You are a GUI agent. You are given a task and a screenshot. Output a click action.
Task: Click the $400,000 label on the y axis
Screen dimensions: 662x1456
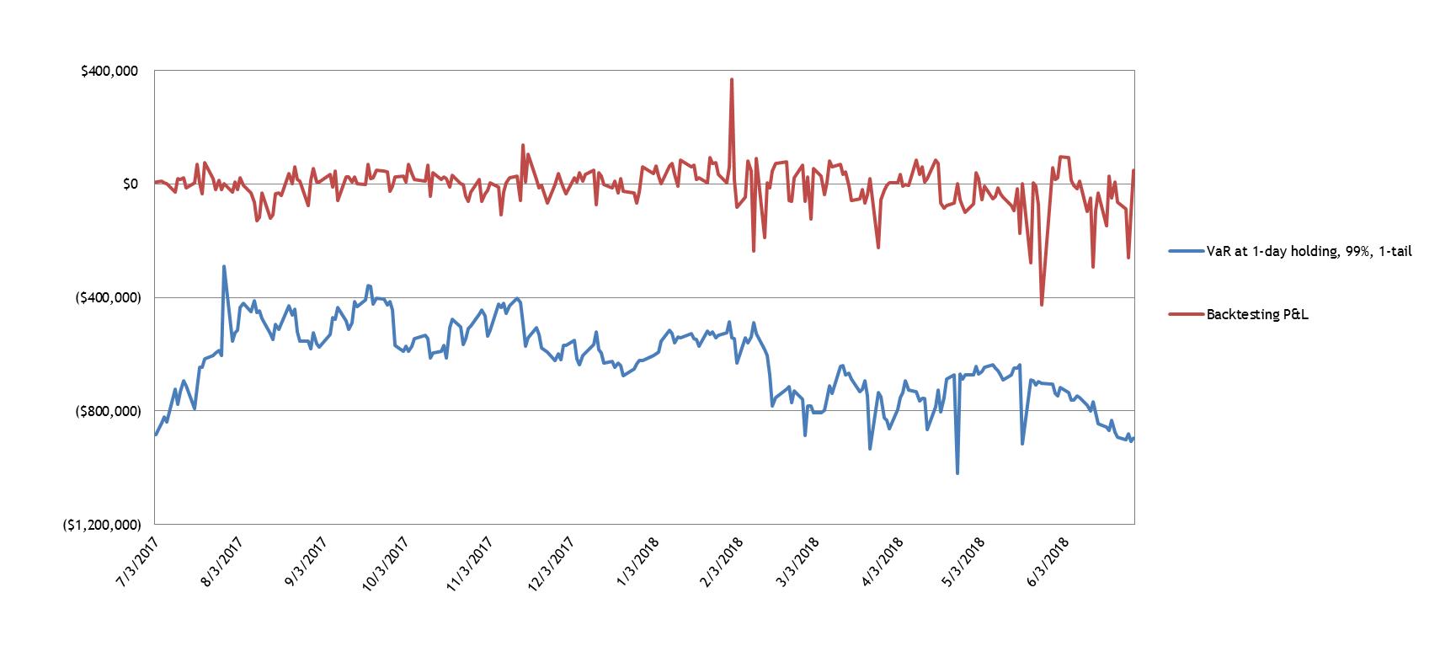pos(109,72)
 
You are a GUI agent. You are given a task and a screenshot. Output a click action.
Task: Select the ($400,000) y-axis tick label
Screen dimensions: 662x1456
pos(106,298)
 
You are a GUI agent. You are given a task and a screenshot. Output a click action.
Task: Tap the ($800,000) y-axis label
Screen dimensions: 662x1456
pos(106,411)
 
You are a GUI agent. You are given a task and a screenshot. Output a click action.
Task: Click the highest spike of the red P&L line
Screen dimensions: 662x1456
pos(732,79)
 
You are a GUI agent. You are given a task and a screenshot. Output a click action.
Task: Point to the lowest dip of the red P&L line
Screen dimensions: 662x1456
pos(1042,305)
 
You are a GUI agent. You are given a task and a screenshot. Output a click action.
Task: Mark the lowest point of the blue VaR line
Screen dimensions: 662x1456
pos(957,473)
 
